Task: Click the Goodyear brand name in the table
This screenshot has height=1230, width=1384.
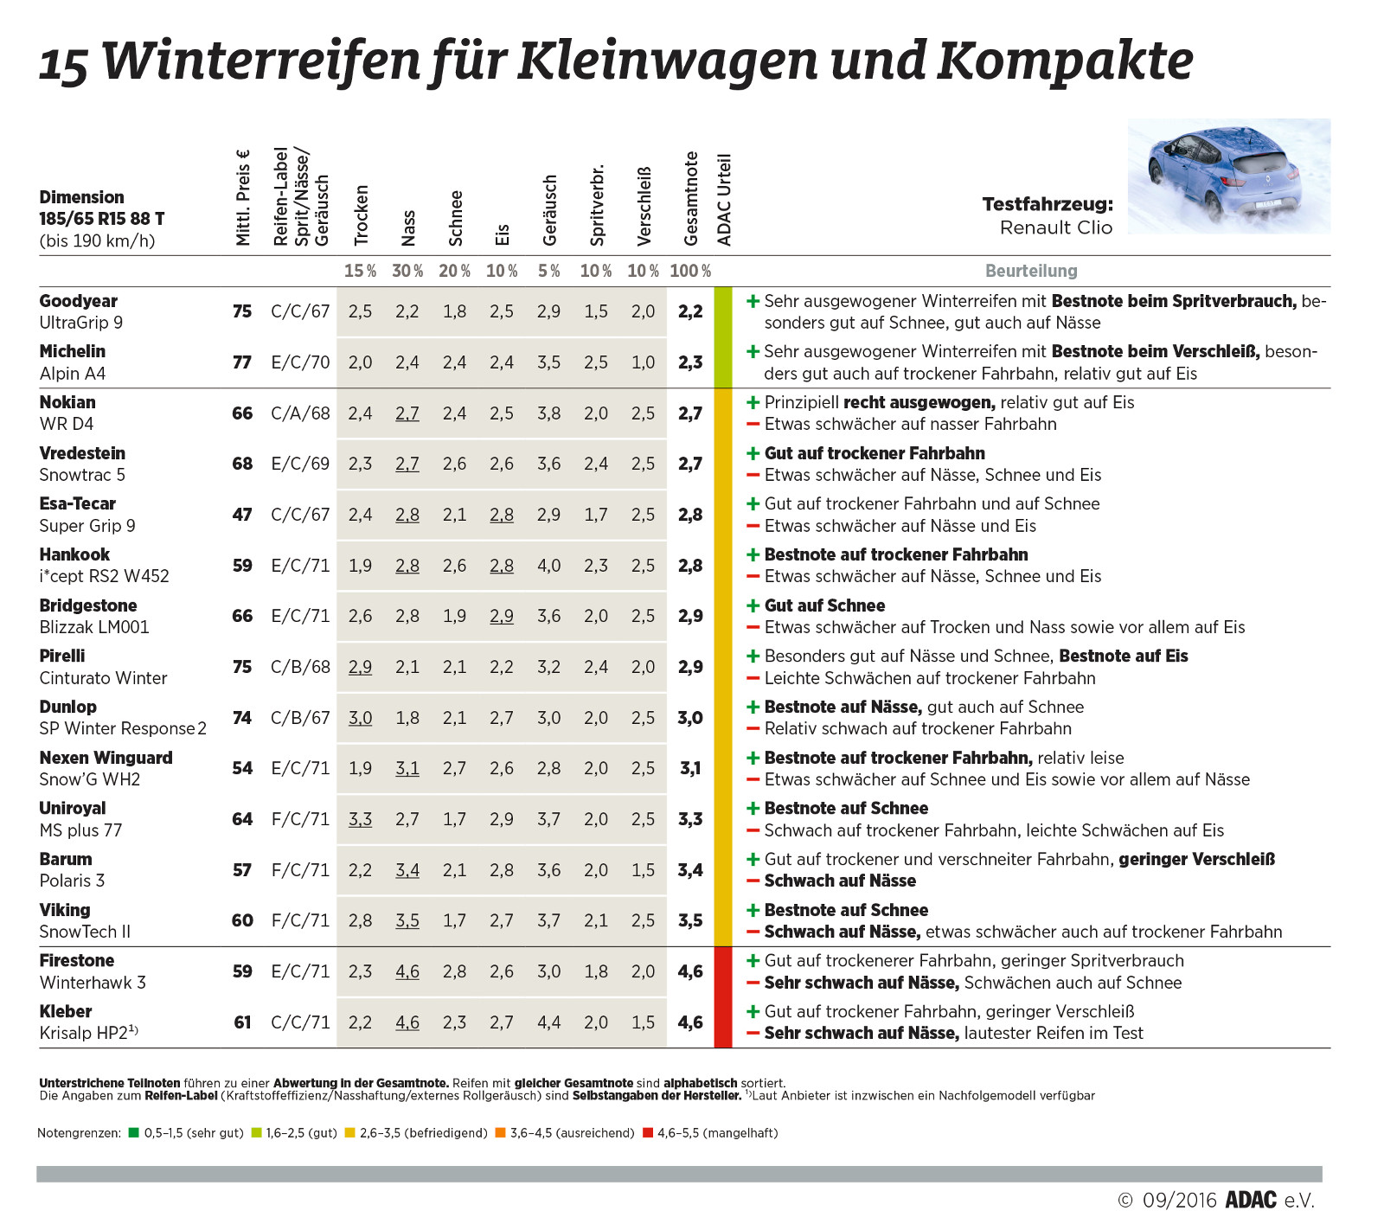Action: (78, 301)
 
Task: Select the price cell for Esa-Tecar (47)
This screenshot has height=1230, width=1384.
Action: (242, 515)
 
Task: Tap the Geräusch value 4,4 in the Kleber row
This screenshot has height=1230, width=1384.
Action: (548, 1022)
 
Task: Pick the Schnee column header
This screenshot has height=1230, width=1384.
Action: (456, 218)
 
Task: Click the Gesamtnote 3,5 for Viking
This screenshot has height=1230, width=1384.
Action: (690, 920)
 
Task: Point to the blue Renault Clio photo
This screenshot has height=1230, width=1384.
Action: (1228, 176)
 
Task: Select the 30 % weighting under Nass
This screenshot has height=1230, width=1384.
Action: (407, 271)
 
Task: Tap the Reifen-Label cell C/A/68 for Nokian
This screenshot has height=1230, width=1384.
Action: (300, 413)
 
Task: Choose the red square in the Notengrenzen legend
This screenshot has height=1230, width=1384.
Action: (648, 1132)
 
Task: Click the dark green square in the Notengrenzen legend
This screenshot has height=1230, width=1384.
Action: (133, 1132)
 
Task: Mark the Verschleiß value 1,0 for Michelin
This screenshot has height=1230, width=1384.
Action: (643, 362)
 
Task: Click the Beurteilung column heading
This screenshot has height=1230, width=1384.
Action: (1031, 271)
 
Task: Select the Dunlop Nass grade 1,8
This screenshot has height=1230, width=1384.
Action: (407, 718)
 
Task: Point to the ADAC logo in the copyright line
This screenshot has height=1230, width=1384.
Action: (1251, 1200)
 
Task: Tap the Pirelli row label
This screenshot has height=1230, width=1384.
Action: (62, 656)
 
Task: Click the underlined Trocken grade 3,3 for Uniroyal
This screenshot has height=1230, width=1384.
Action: (360, 819)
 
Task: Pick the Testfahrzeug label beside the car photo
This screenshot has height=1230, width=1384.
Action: (1048, 205)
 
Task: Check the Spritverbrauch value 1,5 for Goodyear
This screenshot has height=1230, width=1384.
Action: (596, 311)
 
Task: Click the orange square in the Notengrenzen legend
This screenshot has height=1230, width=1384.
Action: (500, 1132)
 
